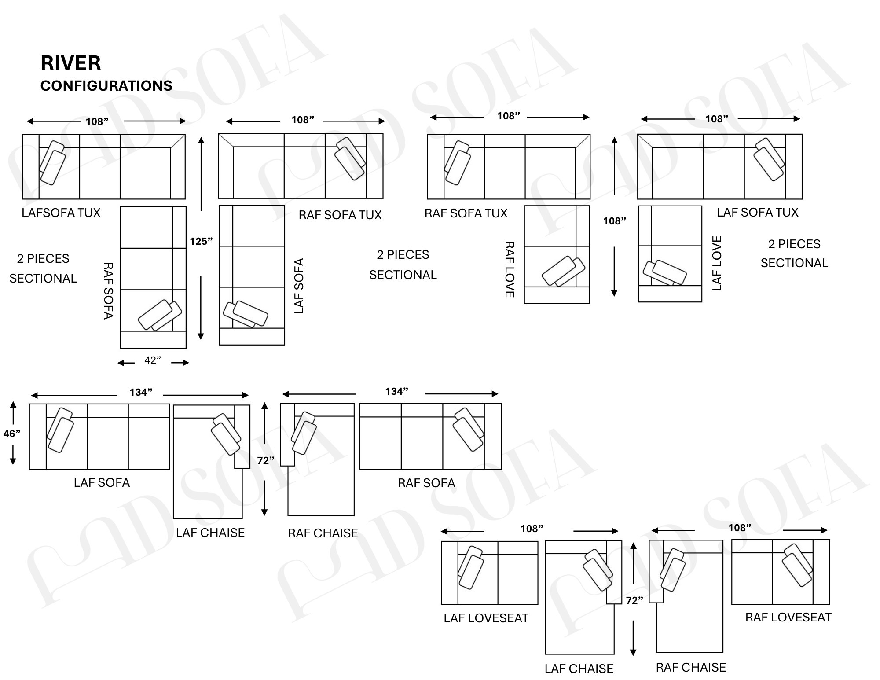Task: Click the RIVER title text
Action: point(71,63)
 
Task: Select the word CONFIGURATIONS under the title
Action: point(106,85)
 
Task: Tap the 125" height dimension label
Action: point(201,241)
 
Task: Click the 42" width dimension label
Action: point(153,360)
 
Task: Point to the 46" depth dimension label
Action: point(12,434)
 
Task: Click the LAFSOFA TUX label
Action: point(61,213)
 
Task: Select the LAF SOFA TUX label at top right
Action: point(757,212)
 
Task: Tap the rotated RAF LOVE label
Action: point(509,269)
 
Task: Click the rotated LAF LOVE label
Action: point(717,263)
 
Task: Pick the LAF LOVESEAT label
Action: point(486,618)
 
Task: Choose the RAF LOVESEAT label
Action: point(788,617)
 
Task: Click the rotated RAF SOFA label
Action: point(108,290)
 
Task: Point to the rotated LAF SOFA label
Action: point(299,286)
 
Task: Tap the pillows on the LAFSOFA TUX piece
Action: point(52,162)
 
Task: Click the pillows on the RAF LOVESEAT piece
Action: point(797,565)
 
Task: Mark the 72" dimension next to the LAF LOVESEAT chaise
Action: point(634,600)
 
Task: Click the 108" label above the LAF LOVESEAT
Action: point(532,529)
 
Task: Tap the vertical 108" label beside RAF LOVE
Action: point(614,221)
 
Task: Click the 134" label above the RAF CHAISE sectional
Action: point(397,391)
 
